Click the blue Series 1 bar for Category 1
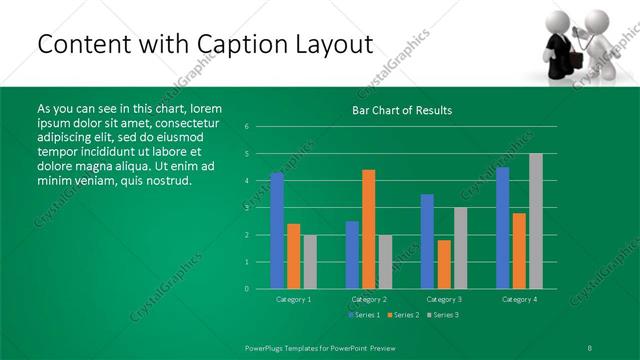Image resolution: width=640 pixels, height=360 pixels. (x=277, y=230)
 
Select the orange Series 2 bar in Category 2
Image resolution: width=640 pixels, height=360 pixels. (x=368, y=229)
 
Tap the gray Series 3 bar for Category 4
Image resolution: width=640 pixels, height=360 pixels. (x=535, y=221)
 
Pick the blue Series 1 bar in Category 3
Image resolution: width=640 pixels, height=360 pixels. (x=427, y=241)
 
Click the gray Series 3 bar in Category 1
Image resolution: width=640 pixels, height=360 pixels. (x=309, y=261)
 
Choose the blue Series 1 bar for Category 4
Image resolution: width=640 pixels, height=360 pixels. (x=502, y=227)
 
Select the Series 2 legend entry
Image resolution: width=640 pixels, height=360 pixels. (x=402, y=315)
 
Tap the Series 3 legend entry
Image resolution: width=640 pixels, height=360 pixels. (x=443, y=315)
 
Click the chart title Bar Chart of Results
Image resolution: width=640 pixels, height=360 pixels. (x=403, y=110)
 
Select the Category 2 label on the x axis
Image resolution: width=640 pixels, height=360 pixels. (x=368, y=299)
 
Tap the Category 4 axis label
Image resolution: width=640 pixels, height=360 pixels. (x=518, y=299)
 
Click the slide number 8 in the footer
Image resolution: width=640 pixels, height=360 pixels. (x=590, y=347)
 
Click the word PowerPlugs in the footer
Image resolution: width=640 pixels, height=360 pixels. (x=265, y=347)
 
